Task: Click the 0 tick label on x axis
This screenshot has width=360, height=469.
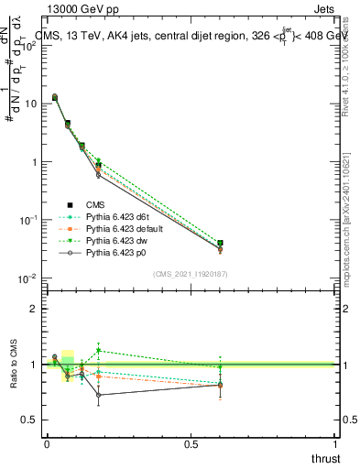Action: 47,445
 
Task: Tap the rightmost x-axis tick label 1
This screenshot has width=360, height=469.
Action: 336,445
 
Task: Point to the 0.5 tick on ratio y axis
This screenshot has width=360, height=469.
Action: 29,420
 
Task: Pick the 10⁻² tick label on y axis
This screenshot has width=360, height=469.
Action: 27,278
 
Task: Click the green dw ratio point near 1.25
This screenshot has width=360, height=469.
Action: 99,351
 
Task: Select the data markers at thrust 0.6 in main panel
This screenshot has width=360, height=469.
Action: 219,245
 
